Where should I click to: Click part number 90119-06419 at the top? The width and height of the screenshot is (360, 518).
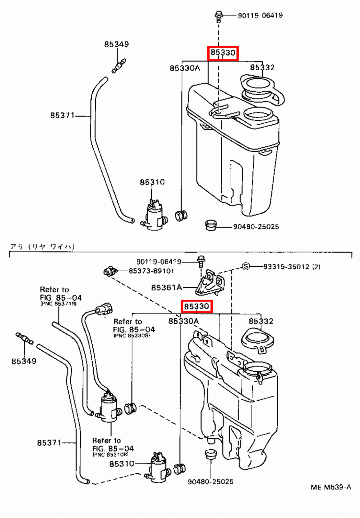click(260, 15)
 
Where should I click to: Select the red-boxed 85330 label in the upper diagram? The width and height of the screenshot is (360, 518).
click(223, 53)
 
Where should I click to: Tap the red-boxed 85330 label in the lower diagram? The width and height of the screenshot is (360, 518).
click(196, 306)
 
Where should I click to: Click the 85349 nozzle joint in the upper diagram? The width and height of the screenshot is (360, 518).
click(119, 66)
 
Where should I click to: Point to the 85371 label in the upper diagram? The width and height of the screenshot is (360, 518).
click(62, 115)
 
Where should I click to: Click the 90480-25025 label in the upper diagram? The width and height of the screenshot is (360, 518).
click(256, 227)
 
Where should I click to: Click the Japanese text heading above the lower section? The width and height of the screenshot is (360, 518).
click(42, 247)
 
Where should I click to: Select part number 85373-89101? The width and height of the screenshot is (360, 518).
click(151, 271)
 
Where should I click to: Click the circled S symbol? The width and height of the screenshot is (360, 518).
click(246, 266)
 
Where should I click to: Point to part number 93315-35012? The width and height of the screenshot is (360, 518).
click(292, 267)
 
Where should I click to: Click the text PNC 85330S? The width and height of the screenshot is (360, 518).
click(132, 336)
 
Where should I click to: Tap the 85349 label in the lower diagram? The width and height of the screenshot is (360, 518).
click(24, 361)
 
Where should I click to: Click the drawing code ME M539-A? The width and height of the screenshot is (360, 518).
click(331, 487)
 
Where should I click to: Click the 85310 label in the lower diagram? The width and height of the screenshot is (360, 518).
click(122, 464)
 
